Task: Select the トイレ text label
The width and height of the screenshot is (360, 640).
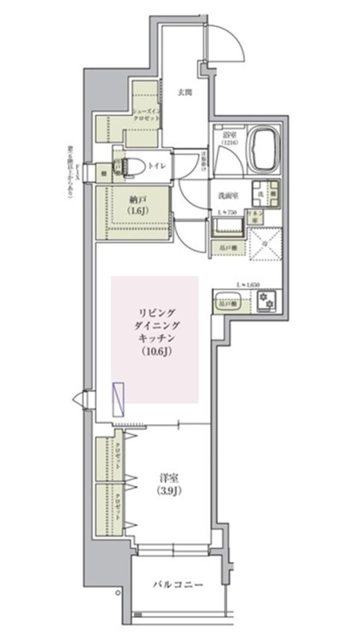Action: coord(157,166)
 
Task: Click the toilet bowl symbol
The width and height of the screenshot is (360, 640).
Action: coord(133,167)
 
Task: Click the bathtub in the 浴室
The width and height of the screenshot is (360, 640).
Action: coord(265,148)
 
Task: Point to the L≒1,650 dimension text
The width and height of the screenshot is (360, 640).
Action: coord(250,285)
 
